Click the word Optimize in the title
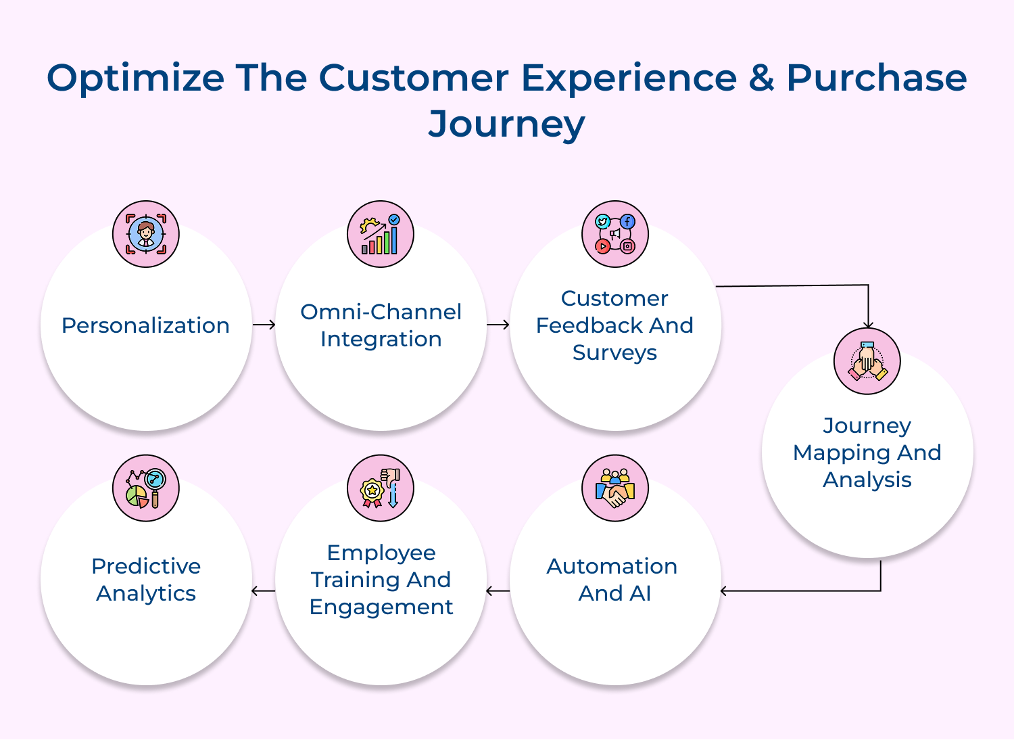click(135, 78)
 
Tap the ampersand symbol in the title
click(761, 78)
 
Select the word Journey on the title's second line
click(506, 124)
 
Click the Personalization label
click(145, 325)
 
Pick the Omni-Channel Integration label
click(381, 325)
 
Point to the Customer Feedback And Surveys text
click(614, 325)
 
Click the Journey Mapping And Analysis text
click(867, 453)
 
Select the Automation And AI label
click(612, 580)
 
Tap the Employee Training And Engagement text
click(381, 580)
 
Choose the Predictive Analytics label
click(146, 580)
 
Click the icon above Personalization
click(146, 234)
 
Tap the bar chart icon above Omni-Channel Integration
click(381, 234)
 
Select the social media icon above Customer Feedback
click(615, 234)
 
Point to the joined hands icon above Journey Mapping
click(867, 361)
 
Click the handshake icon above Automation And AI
click(615, 488)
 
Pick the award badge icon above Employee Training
click(381, 488)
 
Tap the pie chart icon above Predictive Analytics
click(146, 488)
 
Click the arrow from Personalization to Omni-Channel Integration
click(264, 325)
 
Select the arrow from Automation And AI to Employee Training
click(498, 591)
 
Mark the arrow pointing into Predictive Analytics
click(263, 591)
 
